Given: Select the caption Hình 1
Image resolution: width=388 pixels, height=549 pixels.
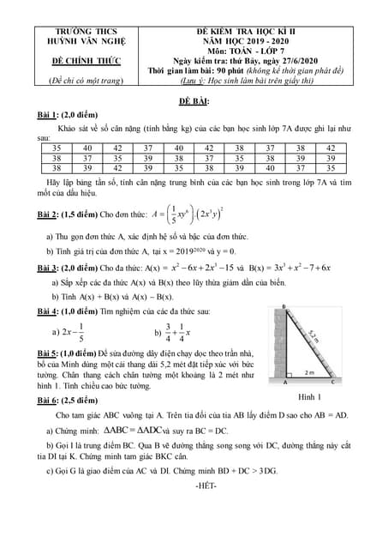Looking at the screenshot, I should [310, 397].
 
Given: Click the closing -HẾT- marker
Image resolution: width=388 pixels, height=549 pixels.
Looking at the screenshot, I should [194, 486].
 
